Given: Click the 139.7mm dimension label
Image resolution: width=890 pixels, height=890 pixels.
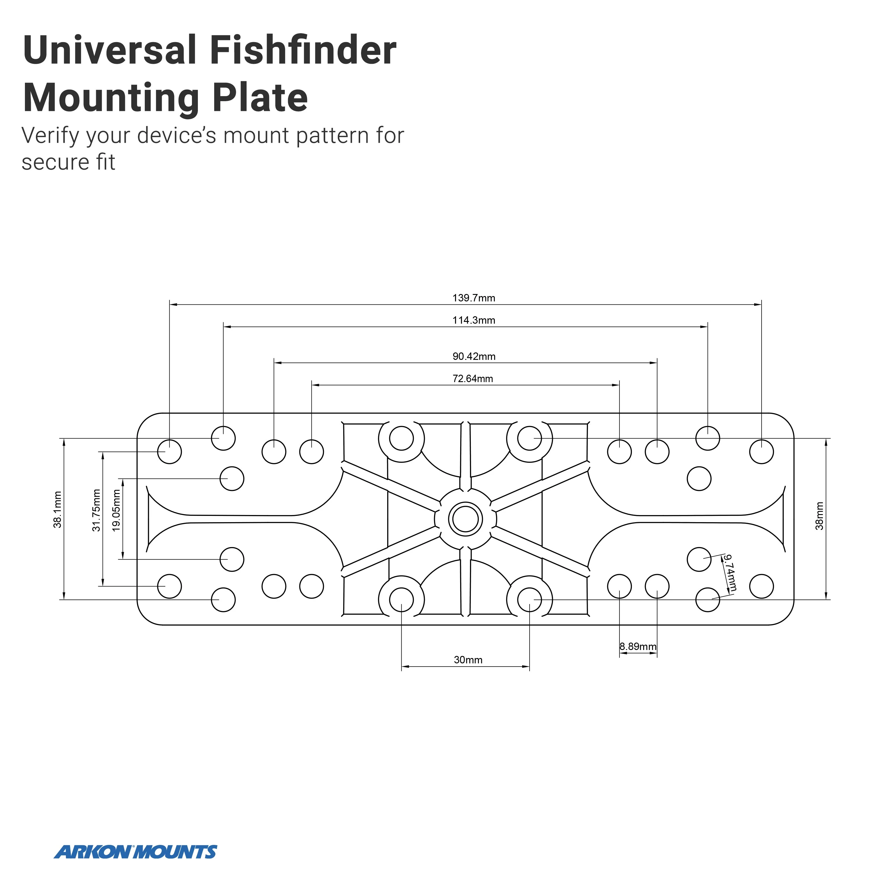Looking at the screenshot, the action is (473, 298).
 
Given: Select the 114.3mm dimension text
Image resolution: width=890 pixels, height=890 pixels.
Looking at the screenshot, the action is (473, 320).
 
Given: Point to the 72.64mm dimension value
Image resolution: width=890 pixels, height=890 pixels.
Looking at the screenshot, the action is (473, 379).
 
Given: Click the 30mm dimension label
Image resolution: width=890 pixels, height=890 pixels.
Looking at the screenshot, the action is (468, 660).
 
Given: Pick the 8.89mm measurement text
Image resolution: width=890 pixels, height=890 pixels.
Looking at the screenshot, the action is (638, 646).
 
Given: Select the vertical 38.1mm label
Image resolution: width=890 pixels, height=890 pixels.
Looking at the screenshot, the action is (58, 509).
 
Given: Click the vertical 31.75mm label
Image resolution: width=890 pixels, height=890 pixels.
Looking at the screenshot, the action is (96, 510).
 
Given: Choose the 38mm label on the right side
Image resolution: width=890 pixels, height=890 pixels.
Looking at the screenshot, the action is (819, 516).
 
